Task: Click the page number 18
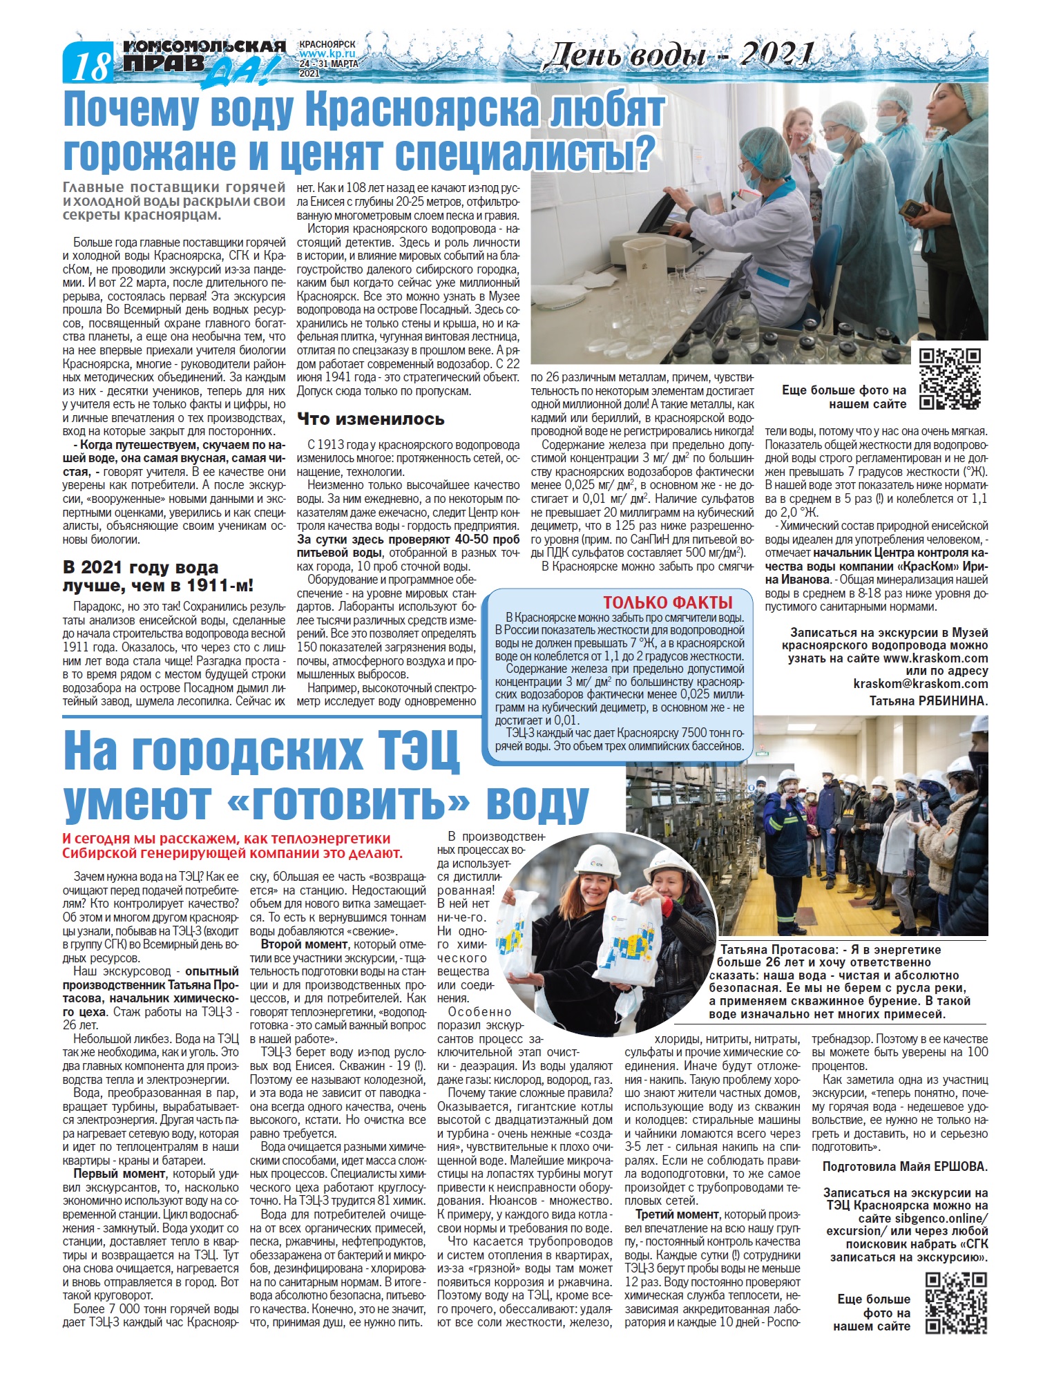click(x=91, y=67)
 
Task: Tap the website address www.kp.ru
click(x=327, y=53)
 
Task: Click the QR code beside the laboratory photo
click(x=950, y=379)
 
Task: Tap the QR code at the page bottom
click(x=956, y=1302)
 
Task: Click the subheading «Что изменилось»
click(x=370, y=419)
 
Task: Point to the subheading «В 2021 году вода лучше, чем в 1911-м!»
click(x=158, y=577)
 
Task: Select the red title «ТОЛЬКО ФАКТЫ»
click(x=667, y=602)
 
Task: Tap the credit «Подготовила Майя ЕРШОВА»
click(x=905, y=1166)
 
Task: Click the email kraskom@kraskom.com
click(x=920, y=684)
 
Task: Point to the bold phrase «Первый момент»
click(x=119, y=1174)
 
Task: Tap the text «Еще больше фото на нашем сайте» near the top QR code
click(x=843, y=397)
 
